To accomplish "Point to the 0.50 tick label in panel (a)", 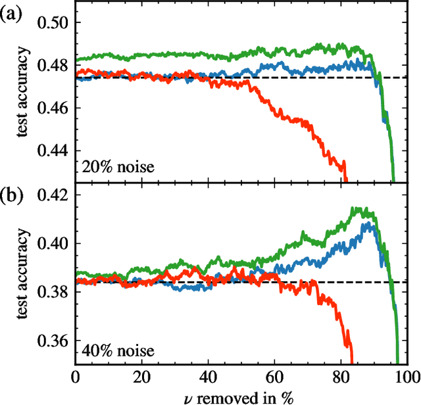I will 53,23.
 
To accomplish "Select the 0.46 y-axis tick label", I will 53,108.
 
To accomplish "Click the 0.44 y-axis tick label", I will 53,151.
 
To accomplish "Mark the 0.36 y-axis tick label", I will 53,341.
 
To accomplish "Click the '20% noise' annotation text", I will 118,167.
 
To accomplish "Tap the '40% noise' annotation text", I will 118,350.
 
